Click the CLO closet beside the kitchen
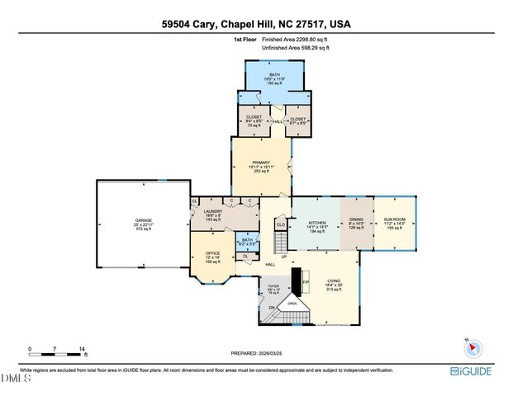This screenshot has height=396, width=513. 281,224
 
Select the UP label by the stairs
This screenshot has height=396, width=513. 285,256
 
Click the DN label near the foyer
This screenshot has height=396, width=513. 270,309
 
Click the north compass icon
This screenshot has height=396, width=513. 469,346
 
